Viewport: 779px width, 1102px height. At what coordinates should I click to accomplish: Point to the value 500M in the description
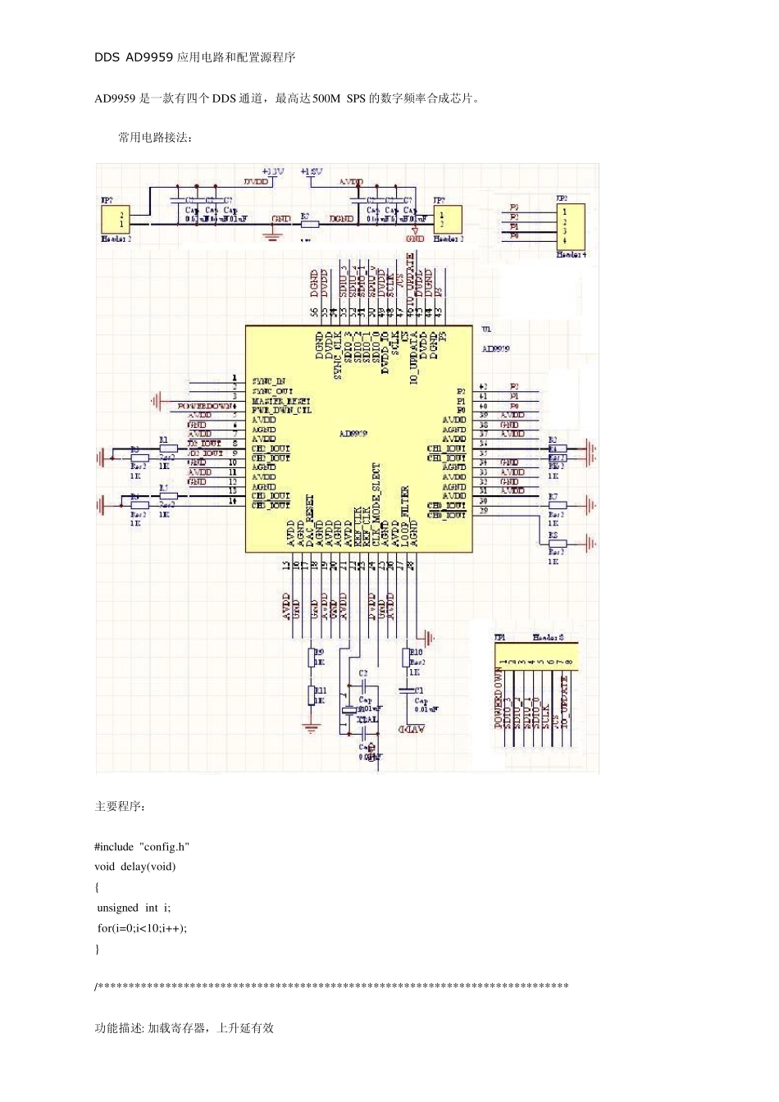[x=326, y=98]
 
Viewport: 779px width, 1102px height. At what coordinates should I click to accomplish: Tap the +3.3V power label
[x=272, y=171]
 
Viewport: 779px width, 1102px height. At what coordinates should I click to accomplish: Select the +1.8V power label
[x=312, y=171]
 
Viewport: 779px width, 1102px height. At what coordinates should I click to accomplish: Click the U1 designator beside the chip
[x=486, y=330]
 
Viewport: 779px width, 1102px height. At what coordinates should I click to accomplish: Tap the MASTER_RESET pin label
[x=279, y=400]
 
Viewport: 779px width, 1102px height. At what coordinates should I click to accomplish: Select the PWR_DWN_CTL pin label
[x=281, y=410]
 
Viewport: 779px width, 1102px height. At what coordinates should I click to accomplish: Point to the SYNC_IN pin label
[x=269, y=381]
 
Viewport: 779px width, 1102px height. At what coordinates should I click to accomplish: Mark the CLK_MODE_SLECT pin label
[x=376, y=504]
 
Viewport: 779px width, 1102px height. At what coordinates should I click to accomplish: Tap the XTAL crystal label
[x=367, y=719]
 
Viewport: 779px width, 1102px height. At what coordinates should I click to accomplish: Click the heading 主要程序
[x=121, y=807]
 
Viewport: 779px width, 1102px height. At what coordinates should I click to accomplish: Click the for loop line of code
[x=142, y=928]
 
